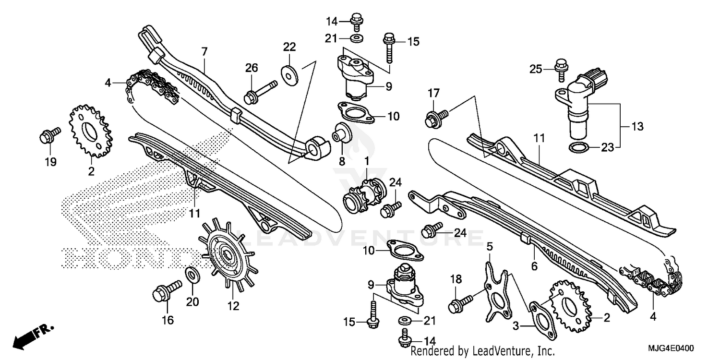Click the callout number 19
(50, 162)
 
